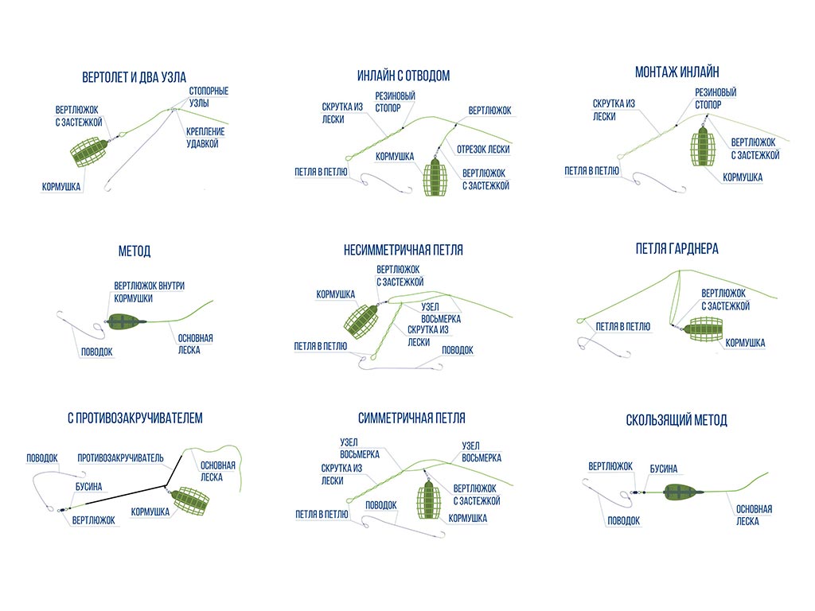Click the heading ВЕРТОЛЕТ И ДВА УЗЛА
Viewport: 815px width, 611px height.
coord(134,77)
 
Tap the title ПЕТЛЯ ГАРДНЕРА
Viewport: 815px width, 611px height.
coord(677,249)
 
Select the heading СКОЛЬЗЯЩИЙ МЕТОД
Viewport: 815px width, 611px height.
coord(677,420)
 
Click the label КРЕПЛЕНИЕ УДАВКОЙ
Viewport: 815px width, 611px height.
coord(205,137)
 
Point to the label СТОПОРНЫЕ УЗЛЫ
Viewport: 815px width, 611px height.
coord(209,97)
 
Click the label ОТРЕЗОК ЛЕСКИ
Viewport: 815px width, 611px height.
coord(483,149)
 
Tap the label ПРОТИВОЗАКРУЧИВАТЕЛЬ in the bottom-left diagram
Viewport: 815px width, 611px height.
coord(120,457)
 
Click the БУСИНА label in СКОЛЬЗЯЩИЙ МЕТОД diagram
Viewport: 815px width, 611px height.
coord(664,469)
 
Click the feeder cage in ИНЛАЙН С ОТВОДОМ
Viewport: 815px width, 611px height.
coord(435,177)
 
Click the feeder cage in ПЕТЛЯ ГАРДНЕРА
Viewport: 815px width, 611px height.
coord(702,329)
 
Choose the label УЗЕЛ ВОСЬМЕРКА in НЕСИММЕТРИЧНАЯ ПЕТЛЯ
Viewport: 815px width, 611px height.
coord(440,313)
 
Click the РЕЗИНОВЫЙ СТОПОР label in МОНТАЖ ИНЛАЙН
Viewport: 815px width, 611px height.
coord(715,98)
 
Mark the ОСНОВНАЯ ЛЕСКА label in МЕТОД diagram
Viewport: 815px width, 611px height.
coord(195,344)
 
